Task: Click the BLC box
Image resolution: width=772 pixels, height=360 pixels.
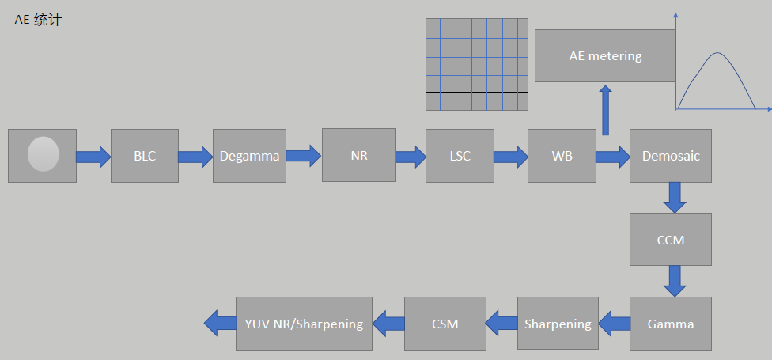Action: click(145, 156)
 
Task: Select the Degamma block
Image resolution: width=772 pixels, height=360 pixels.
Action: click(249, 156)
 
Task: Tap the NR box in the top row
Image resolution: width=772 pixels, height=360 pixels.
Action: click(358, 156)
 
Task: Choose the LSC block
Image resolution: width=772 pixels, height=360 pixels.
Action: click(460, 156)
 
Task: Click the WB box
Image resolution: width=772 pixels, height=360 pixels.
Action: click(562, 156)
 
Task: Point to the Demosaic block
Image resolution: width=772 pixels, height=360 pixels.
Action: click(671, 156)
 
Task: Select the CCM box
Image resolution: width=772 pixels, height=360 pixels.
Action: click(671, 239)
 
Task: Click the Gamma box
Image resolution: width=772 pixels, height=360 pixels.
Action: click(671, 324)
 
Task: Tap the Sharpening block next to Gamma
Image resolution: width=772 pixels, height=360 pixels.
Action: click(558, 324)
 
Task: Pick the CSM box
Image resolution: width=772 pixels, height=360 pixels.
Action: click(445, 324)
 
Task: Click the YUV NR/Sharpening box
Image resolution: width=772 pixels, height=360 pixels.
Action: click(304, 324)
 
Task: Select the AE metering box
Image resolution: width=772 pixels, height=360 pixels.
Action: click(605, 56)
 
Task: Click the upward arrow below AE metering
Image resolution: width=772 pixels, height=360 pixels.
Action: click(606, 111)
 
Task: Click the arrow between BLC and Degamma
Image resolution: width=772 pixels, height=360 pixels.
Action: click(195, 156)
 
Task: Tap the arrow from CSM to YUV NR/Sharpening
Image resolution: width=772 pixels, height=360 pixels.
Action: click(388, 323)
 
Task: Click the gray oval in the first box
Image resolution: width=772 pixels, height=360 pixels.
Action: click(43, 154)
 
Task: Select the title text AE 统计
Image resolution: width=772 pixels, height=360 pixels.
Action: click(38, 20)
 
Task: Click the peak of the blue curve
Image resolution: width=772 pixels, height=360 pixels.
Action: click(717, 53)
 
